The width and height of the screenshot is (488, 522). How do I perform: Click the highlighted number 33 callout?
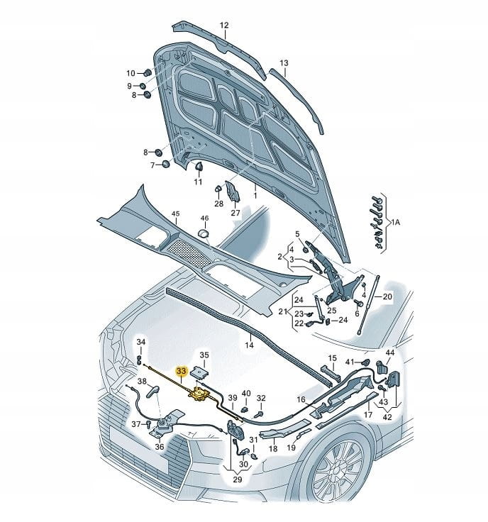pyautogui.click(x=181, y=370)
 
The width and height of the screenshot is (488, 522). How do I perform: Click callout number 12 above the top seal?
pyautogui.click(x=223, y=26)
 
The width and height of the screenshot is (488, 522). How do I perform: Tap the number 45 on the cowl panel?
pyautogui.click(x=176, y=213)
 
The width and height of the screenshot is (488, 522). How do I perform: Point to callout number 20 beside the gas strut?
pyautogui.click(x=387, y=296)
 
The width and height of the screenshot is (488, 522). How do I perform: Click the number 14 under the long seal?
pyautogui.click(x=248, y=345)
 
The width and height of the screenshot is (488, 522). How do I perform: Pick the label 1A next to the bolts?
pyautogui.click(x=395, y=222)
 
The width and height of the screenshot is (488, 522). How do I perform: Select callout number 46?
pyautogui.click(x=204, y=218)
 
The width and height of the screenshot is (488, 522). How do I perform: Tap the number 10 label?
pyautogui.click(x=131, y=73)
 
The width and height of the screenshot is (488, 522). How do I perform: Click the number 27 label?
pyautogui.click(x=235, y=213)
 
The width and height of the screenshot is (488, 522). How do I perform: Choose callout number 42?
pyautogui.click(x=387, y=418)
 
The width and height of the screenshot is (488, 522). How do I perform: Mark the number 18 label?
pyautogui.click(x=273, y=449)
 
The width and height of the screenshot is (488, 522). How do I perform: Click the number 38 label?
pyautogui.click(x=142, y=382)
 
